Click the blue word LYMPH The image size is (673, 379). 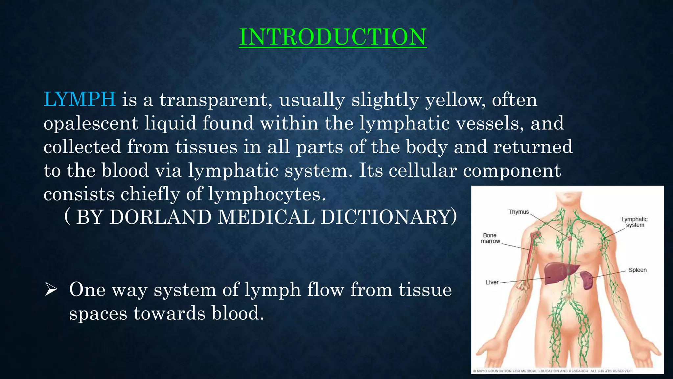(80, 99)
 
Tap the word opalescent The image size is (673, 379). (91, 123)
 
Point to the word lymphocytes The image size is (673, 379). (264, 194)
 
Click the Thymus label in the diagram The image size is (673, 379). (519, 212)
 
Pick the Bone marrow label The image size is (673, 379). (490, 238)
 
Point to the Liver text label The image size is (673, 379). (492, 282)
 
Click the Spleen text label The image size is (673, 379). (638, 270)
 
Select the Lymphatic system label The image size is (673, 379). (635, 222)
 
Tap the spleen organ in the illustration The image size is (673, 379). (586, 280)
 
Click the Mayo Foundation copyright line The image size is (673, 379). (552, 371)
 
